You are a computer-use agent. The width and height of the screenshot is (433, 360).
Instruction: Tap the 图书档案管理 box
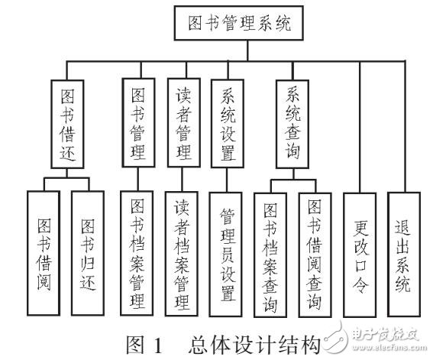[x=137, y=255]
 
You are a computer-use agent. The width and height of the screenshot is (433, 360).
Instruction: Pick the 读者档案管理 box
[x=182, y=255]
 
